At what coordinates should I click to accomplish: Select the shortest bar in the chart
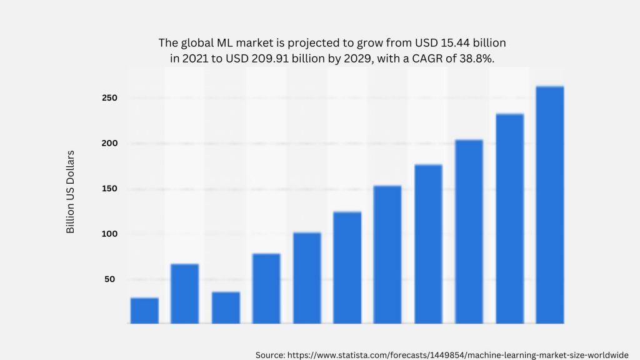pos(144,311)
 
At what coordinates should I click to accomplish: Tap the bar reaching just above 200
pos(469,231)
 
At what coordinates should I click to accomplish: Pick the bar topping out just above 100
pos(307,278)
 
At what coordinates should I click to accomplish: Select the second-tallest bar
pos(509,219)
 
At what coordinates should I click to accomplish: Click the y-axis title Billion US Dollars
pos(71,192)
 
